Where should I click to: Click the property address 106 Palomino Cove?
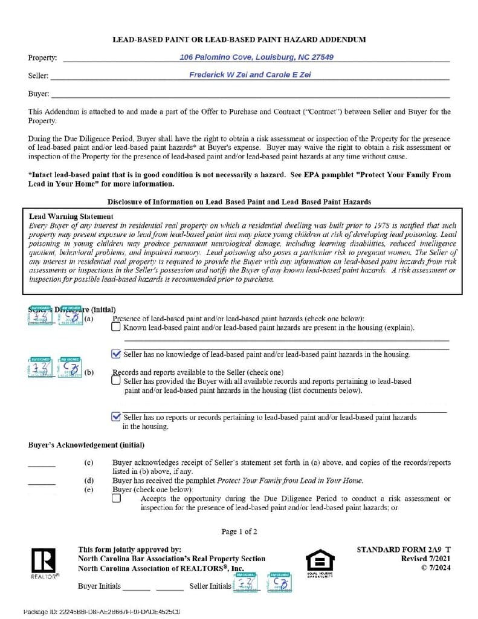[256, 57]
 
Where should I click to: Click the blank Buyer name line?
[250, 94]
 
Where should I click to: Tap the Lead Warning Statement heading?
[71, 216]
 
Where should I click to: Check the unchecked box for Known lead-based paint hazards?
[116, 327]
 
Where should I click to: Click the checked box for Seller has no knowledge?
[116, 354]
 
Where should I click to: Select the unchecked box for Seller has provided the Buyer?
[116, 381]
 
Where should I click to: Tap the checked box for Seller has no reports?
[116, 416]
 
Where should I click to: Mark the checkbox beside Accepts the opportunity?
[116, 499]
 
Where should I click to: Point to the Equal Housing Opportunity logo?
[320, 562]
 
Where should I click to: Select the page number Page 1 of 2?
[239, 532]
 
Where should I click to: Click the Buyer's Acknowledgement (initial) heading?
[86, 445]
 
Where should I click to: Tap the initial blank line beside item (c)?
[42, 466]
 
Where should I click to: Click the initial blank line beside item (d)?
[42, 484]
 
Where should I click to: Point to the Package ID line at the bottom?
[102, 612]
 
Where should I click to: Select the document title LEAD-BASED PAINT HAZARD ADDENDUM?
[239, 40]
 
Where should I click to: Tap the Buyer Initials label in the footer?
[99, 586]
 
